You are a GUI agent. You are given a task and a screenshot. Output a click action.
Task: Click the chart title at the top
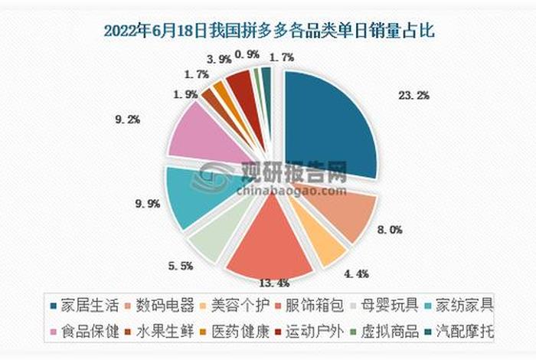268,31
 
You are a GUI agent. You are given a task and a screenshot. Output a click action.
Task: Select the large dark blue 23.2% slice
329,126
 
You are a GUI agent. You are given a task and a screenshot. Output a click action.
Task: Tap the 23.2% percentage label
414,96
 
